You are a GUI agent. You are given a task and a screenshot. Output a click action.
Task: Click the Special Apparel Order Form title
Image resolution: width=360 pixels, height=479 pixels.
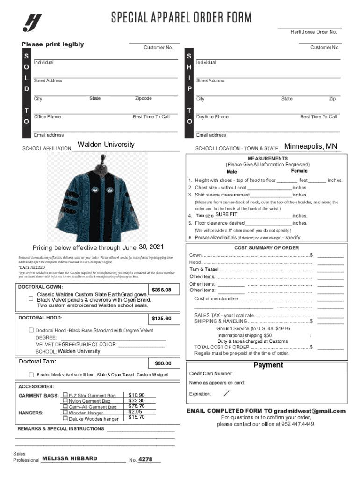(x=181, y=18)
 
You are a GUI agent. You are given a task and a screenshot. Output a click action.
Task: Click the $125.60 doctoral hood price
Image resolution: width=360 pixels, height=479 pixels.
(x=165, y=319)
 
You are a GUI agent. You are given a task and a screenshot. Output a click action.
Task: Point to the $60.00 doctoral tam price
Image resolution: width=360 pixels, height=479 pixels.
(x=163, y=363)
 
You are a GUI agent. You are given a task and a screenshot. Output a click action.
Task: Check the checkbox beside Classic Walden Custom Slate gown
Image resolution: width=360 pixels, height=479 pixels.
(x=31, y=298)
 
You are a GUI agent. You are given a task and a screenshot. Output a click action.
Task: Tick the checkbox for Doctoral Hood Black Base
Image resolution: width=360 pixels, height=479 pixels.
(x=31, y=330)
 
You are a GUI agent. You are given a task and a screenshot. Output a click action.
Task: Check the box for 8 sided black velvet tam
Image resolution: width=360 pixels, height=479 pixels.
(x=31, y=375)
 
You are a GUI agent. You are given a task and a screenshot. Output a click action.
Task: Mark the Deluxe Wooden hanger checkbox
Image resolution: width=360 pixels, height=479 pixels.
(x=65, y=419)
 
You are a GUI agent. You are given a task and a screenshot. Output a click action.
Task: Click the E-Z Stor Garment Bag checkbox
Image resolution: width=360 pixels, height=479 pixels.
(x=65, y=395)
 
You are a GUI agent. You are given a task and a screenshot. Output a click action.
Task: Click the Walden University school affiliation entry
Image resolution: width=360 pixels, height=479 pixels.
(x=106, y=145)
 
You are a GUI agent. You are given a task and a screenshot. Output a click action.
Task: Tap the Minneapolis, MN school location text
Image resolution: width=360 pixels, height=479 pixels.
(x=310, y=146)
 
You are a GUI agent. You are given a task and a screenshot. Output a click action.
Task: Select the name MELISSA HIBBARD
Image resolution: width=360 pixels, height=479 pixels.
(x=70, y=459)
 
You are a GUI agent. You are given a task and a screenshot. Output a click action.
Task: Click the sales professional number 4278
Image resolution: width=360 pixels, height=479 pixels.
(x=145, y=460)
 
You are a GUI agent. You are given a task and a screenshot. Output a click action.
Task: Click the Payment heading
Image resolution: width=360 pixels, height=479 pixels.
(x=268, y=365)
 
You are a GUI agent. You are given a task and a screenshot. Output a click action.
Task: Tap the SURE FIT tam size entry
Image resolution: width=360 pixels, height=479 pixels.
(x=226, y=214)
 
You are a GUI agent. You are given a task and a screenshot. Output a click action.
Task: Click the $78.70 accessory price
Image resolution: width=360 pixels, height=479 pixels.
(x=137, y=406)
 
